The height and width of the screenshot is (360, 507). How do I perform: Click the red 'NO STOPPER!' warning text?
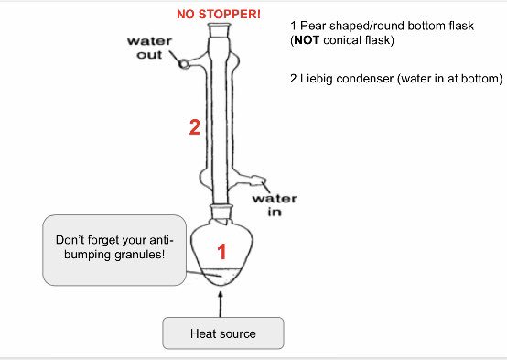point(218,15)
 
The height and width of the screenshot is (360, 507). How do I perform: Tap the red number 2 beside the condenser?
point(194,128)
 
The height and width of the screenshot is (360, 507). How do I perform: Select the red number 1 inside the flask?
point(220,249)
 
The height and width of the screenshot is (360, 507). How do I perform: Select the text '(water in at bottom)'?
point(448,79)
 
